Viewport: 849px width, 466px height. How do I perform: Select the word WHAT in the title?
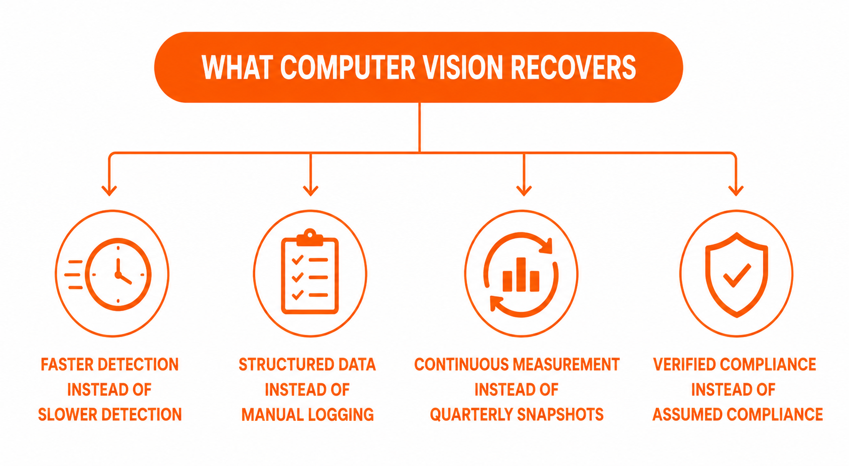237,68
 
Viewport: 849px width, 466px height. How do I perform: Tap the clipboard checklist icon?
310,271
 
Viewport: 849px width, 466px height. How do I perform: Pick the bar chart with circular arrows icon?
521,274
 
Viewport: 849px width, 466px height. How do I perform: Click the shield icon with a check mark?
737,274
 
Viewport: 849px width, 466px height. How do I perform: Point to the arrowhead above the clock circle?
109,190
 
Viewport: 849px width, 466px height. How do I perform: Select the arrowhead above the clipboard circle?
310,190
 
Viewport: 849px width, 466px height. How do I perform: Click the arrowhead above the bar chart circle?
524,190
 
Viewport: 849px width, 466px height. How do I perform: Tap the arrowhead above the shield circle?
736,190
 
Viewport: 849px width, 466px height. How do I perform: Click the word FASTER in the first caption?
67,364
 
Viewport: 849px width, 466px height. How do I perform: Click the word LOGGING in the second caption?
341,414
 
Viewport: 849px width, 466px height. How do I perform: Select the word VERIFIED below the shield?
685,364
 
